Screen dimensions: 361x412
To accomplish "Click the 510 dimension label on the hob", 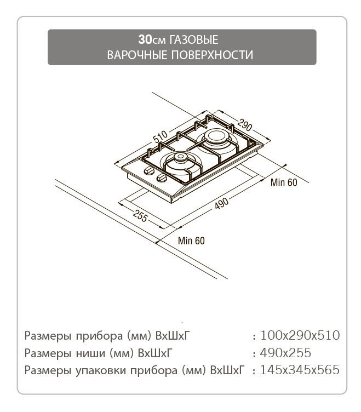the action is click(x=161, y=136).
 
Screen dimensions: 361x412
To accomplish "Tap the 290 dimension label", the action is click(x=245, y=125).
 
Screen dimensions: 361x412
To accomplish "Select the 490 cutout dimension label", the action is click(x=221, y=203).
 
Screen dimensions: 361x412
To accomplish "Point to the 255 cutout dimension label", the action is click(x=140, y=216).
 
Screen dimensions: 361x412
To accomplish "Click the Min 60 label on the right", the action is click(x=284, y=182).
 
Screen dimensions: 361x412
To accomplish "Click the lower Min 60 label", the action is click(x=191, y=241).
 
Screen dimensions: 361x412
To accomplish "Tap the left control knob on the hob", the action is click(x=149, y=170).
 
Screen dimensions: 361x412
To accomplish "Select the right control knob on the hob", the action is click(x=161, y=178).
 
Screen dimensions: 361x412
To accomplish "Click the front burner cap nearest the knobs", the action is click(x=180, y=157).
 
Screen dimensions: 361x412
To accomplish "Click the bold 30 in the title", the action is click(x=145, y=39).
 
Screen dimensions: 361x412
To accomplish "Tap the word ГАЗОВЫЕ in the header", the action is click(x=194, y=40).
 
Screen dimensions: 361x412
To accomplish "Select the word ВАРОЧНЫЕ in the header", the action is click(x=137, y=55).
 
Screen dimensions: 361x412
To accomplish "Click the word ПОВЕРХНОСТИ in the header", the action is click(x=212, y=55).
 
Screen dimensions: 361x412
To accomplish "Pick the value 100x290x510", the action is click(x=300, y=335).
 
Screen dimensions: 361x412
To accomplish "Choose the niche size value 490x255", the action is click(x=285, y=353).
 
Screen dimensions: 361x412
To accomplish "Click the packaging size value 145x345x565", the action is click(x=300, y=370).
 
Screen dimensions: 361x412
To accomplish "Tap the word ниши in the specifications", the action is click(x=90, y=353).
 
